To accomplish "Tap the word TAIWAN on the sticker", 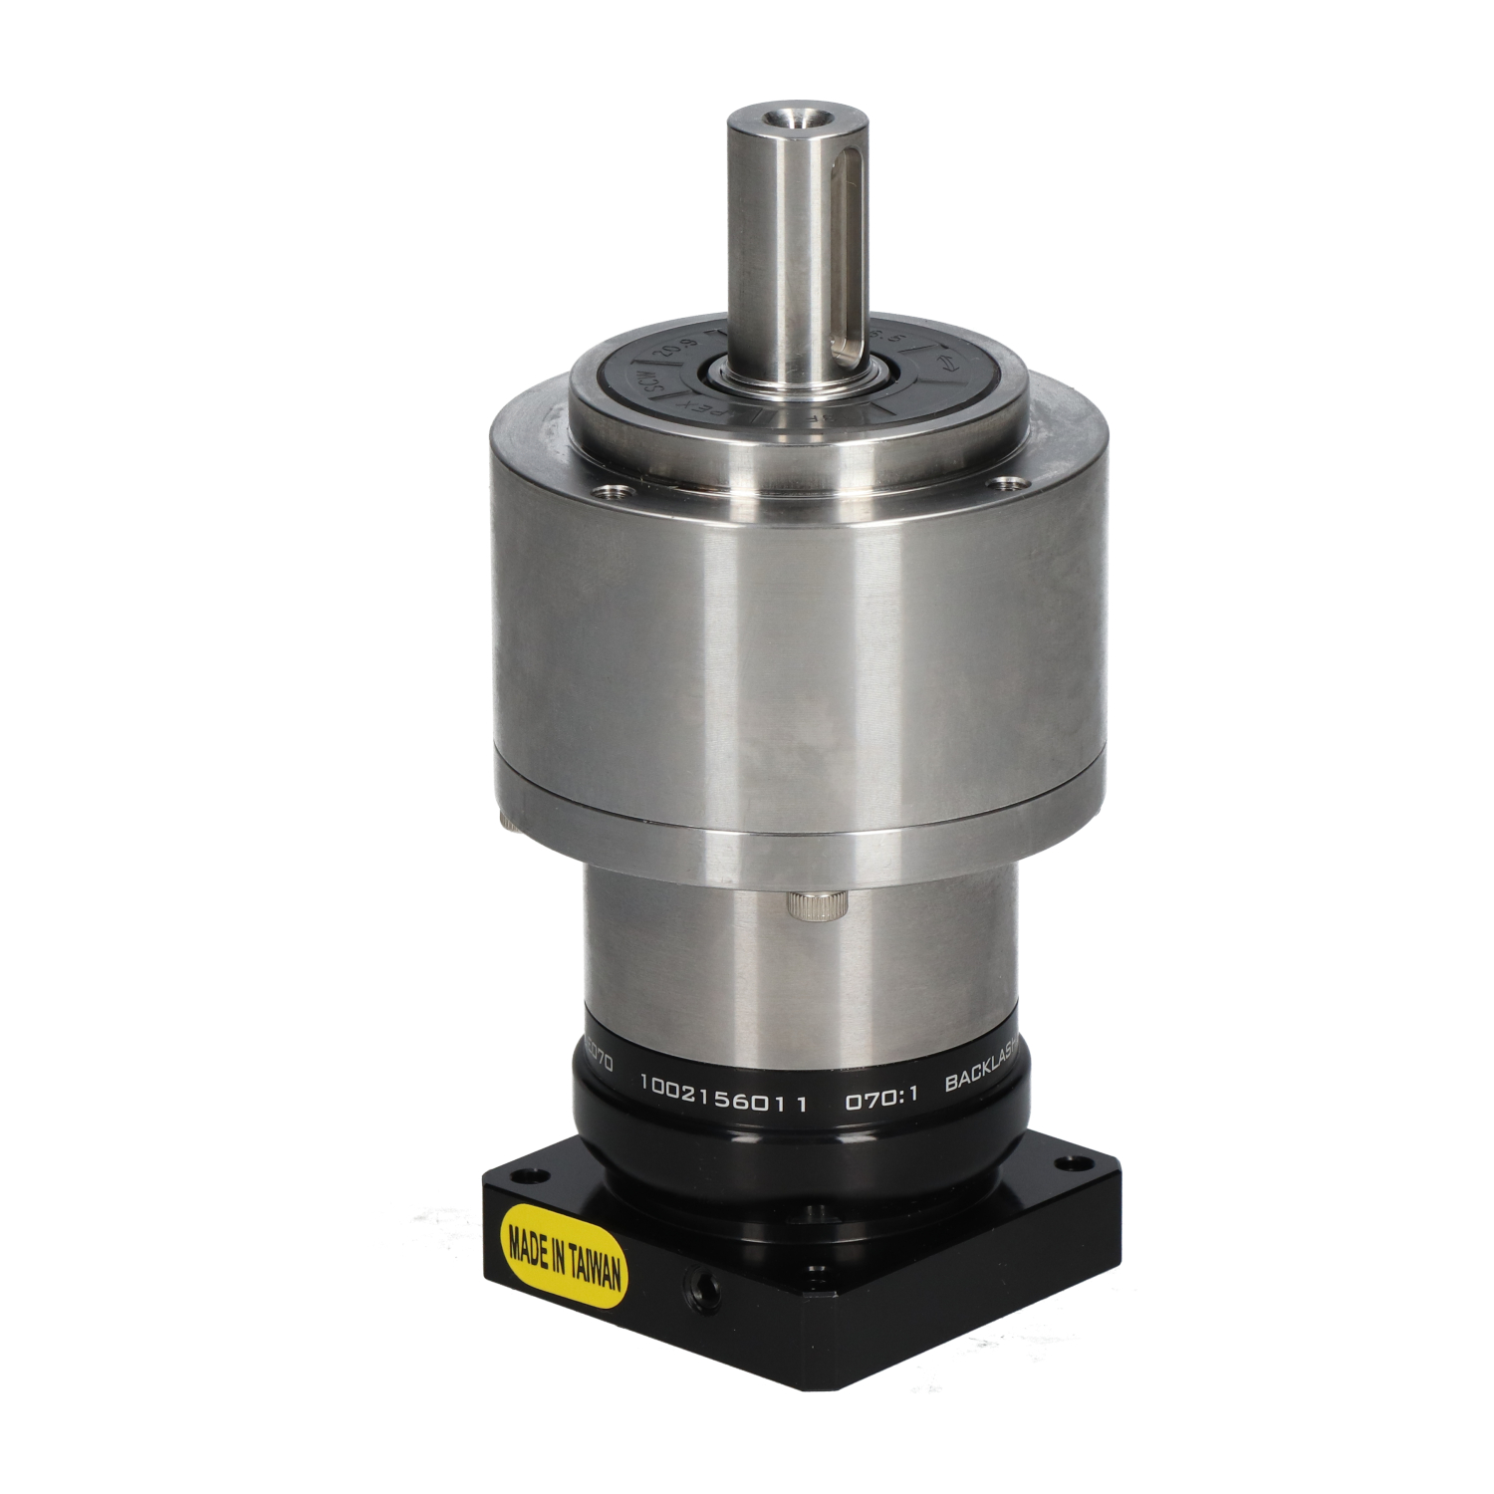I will click(596, 1271).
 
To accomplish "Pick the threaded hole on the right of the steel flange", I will click(1012, 483).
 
